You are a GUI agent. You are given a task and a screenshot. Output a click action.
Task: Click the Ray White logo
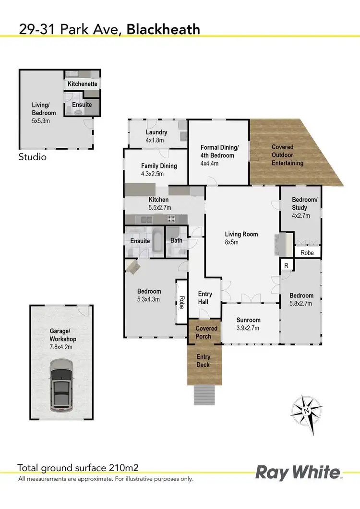[x=298, y=472]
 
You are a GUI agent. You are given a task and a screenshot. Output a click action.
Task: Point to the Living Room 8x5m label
[x=241, y=238]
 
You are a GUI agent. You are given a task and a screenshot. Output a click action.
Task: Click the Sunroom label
[x=249, y=324]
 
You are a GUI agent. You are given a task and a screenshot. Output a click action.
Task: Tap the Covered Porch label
[x=206, y=332]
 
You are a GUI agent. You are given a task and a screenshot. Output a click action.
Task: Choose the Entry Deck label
[x=204, y=361]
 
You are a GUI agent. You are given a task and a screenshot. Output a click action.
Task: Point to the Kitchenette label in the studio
[x=83, y=84]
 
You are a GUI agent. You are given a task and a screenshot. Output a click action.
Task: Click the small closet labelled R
[x=286, y=265]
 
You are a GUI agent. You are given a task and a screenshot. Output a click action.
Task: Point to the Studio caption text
[x=33, y=157]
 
